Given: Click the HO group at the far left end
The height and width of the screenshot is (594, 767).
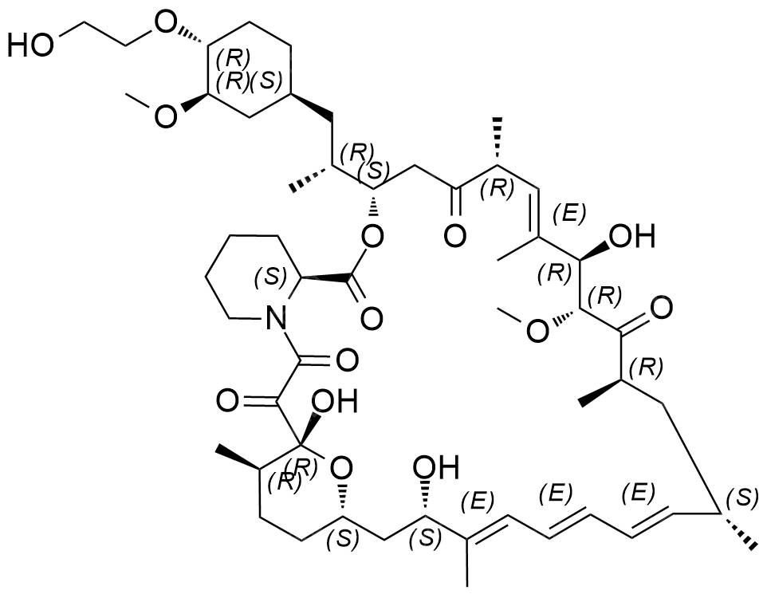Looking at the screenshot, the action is [x=30, y=45].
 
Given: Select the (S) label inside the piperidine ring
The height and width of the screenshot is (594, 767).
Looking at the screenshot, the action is [x=271, y=277].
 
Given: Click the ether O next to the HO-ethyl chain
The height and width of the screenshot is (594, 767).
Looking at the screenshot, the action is [x=164, y=22].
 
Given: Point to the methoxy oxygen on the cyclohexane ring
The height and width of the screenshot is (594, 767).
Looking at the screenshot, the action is [x=165, y=116].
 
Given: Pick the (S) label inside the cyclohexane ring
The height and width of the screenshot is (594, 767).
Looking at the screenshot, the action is [x=266, y=81].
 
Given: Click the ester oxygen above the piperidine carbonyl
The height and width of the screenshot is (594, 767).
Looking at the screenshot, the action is [x=372, y=238].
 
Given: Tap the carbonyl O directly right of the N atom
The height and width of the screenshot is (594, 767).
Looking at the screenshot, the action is [x=372, y=318].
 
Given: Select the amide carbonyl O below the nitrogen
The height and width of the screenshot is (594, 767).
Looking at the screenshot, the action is [x=346, y=360].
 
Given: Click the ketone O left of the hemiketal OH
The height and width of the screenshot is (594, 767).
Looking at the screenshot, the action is [x=228, y=399].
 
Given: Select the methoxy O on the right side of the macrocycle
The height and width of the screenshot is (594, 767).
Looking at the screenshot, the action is [x=537, y=328].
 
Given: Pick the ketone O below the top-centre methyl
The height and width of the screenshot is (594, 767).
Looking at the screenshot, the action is [x=455, y=236].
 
